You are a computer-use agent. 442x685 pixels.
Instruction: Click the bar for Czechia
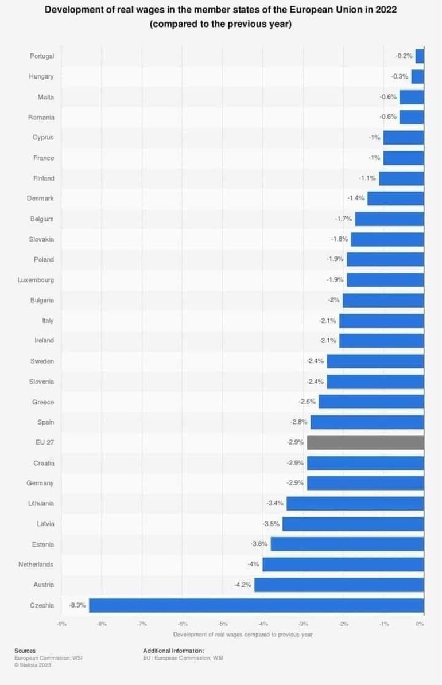pos(256,605)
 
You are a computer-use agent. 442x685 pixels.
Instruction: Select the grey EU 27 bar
pos(365,442)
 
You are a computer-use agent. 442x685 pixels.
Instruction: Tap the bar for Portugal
pos(420,56)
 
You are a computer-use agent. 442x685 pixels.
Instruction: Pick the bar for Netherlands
pos(343,565)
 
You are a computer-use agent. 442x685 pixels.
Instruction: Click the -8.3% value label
pos(77,605)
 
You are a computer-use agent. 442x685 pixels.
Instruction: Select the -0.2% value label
pos(404,56)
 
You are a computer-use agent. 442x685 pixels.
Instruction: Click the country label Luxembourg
pos(36,280)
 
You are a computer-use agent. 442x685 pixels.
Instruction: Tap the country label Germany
pos(40,483)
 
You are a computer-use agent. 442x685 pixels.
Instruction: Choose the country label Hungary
pos(41,76)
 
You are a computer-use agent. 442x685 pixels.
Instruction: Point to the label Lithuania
pos(41,503)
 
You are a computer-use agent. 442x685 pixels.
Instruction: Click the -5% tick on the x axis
pos(223,624)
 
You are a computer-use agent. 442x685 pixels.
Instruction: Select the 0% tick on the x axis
pos(420,624)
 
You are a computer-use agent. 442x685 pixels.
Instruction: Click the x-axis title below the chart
pos(242,635)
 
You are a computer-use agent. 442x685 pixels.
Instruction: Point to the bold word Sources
pos(25,651)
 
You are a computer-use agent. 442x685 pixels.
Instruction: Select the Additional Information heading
pos(173,651)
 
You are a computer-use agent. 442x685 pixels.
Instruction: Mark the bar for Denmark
pos(396,199)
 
